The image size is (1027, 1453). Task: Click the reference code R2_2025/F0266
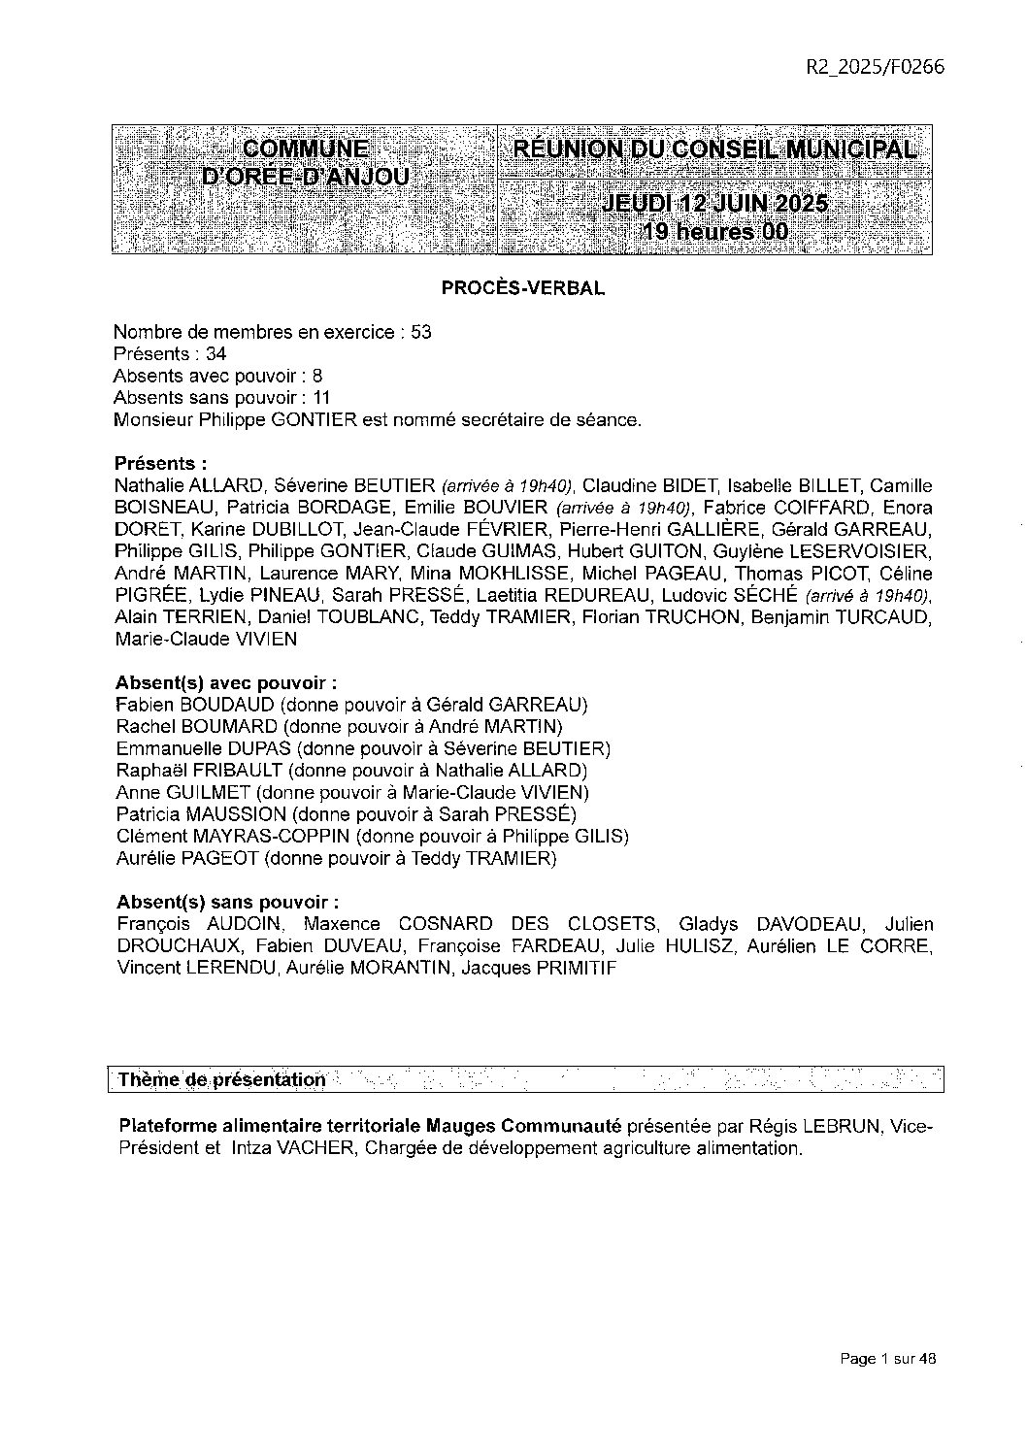(875, 67)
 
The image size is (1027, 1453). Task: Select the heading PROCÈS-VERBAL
(523, 288)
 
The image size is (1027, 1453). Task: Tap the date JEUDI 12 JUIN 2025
(714, 204)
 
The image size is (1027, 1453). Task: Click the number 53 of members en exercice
(420, 332)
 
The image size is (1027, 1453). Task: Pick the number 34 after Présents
(215, 354)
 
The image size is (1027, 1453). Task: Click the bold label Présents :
(160, 464)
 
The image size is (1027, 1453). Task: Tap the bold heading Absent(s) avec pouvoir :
(227, 683)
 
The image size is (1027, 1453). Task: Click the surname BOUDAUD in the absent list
(219, 705)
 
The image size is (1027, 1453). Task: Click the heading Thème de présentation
(222, 1080)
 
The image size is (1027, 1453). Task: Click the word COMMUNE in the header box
(305, 149)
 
